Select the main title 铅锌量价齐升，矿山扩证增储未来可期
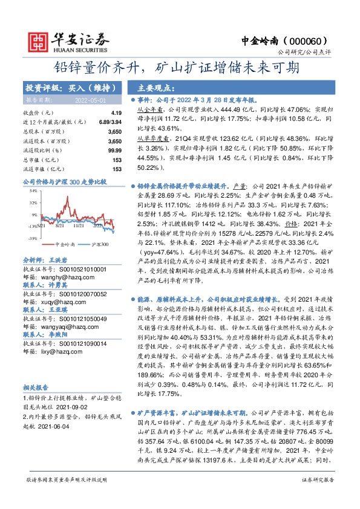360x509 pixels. (180, 67)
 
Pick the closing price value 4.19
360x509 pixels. (116, 113)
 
